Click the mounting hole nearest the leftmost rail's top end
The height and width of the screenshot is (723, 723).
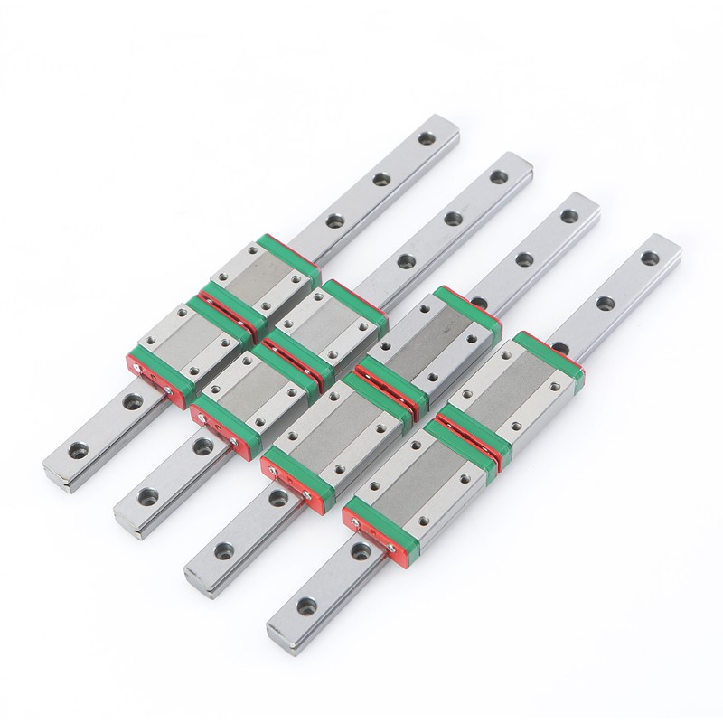tap(424, 139)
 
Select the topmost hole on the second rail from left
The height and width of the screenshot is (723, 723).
tap(497, 176)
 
